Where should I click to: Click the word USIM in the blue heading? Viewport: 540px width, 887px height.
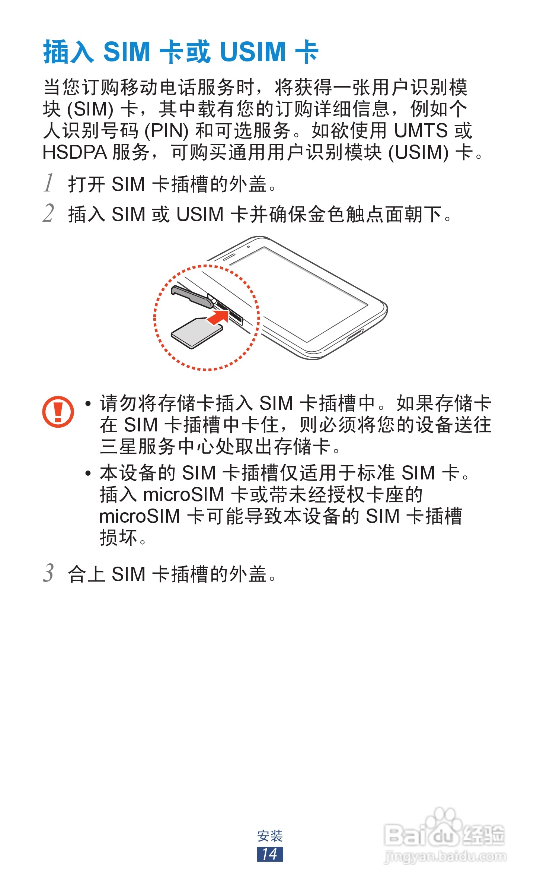pos(253,52)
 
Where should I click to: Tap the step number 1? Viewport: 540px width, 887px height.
pos(49,183)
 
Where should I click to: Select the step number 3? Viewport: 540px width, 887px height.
pos(49,573)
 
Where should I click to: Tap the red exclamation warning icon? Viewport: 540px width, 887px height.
pos(58,411)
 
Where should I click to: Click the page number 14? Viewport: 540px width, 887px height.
pos(270,854)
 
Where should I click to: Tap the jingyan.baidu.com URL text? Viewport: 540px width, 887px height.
pos(445,856)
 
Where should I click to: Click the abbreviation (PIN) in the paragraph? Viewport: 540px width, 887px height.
pos(166,131)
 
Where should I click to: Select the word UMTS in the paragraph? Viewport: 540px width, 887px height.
pos(421,131)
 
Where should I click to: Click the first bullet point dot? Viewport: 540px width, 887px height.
pos(88,404)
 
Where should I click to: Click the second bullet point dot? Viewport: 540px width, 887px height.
pos(88,473)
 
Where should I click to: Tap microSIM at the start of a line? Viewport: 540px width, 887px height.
pos(140,516)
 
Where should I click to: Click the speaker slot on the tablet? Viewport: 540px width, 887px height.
pos(229,257)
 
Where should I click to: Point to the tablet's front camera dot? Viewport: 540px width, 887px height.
pos(248,247)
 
